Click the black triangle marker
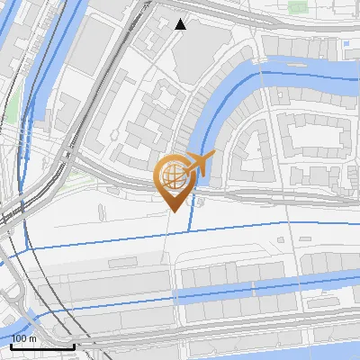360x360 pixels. (x=181, y=24)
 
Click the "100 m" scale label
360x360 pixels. (x=25, y=337)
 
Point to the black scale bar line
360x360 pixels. (x=41, y=346)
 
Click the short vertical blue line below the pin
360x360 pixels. (x=189, y=216)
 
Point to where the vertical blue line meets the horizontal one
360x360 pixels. (x=189, y=230)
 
